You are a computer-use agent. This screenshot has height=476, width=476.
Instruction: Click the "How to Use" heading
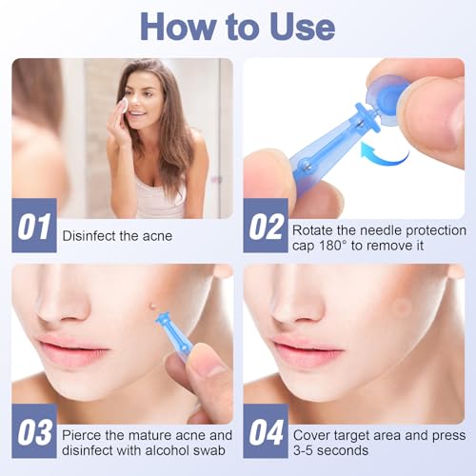coord(237,26)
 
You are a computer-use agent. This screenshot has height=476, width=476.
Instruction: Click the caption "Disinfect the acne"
coord(117,235)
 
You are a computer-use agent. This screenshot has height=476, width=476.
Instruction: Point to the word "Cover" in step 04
coord(313,433)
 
